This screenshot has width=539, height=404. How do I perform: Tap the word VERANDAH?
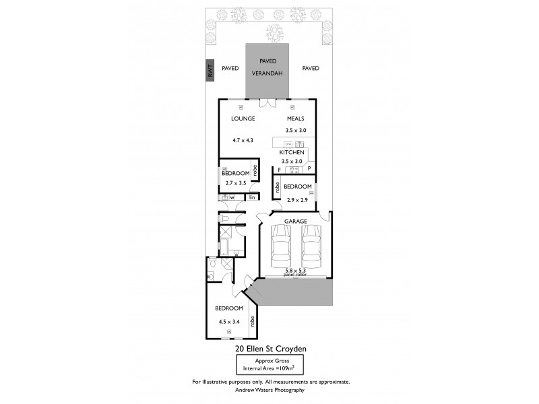coord(268,73)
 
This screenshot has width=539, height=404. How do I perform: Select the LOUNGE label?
coord(243,119)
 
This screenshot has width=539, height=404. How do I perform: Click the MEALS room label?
coord(295,119)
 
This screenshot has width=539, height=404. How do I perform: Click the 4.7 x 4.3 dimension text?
coord(243,140)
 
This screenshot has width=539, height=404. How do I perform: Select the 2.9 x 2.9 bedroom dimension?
coord(297,200)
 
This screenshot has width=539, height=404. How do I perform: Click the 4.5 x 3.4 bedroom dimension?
coord(229,321)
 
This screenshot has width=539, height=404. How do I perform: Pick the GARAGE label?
coord(295,221)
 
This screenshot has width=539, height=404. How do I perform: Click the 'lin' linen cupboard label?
coord(252,197)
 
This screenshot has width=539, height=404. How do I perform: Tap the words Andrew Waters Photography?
coord(271,390)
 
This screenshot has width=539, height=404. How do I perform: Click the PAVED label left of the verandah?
coord(230,68)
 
